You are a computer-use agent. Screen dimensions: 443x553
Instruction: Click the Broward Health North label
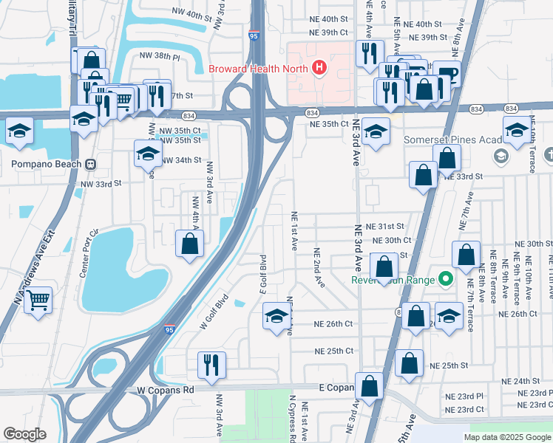pos(258,69)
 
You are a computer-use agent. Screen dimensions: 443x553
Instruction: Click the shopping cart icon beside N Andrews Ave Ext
pos(38,301)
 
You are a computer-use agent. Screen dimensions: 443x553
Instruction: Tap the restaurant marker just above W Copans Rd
pos(211,365)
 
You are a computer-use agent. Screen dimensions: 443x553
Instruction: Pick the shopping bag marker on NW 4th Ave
pos(190,244)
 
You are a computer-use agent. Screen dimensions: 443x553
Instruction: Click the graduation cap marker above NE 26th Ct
pos(277,318)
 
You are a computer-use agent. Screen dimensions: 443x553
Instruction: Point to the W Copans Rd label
pos(165,389)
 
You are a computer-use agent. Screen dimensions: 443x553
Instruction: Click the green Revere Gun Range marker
pos(445,280)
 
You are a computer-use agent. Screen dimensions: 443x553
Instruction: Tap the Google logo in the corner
pos(24,434)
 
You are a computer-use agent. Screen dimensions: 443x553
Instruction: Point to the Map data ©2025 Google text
pos(506,437)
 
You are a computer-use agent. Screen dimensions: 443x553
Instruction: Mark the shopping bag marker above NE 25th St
pos(409,363)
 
